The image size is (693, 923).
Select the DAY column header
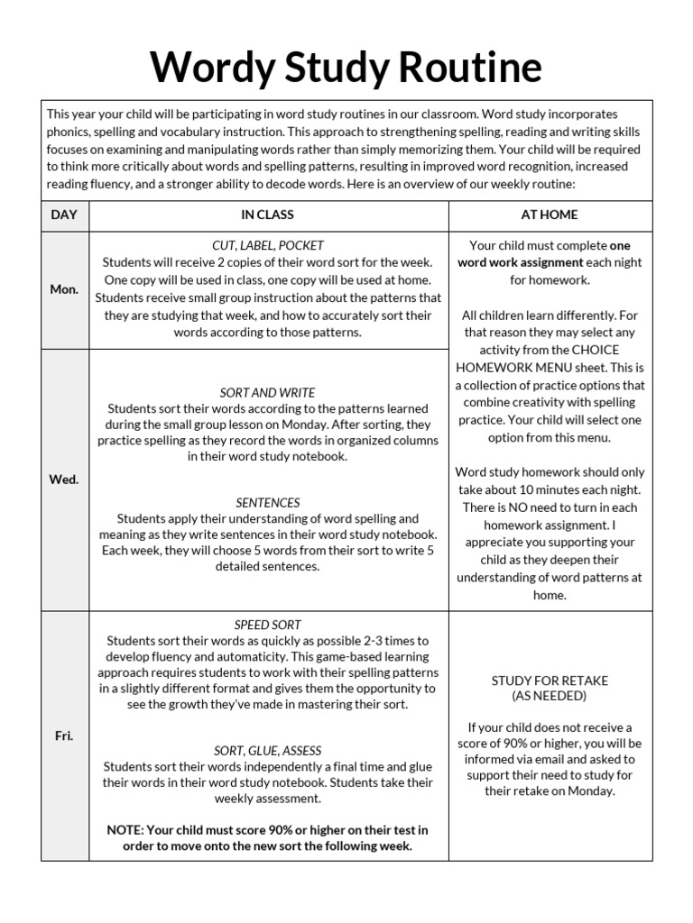tap(64, 215)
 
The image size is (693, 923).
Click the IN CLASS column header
tap(267, 215)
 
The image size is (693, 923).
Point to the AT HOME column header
tap(550, 215)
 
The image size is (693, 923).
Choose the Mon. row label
tap(64, 289)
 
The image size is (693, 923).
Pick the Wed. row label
tap(64, 480)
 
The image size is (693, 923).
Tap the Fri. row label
tap(64, 736)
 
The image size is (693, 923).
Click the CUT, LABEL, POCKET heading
tap(267, 245)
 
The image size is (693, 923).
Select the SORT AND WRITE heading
tap(267, 393)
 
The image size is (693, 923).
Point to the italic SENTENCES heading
tap(268, 503)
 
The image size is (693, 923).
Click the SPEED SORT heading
tap(268, 625)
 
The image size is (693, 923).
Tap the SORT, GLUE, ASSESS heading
tap(267, 751)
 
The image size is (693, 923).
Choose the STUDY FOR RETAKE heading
tap(550, 681)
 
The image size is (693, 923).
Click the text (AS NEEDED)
tap(550, 696)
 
